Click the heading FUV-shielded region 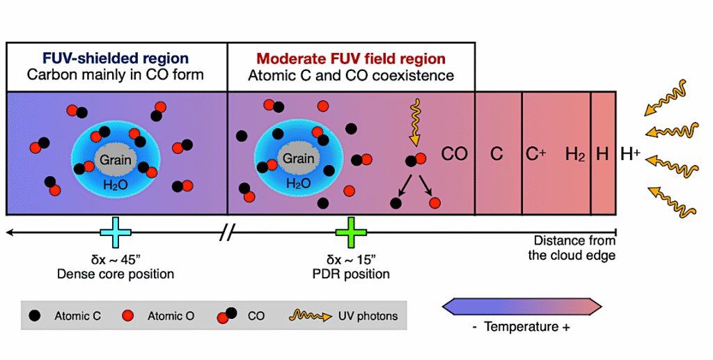(x=115, y=58)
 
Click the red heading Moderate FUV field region (x=351, y=58)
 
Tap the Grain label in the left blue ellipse (x=115, y=160)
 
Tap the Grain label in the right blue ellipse (x=298, y=159)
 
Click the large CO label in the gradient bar (x=455, y=154)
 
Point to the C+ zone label (x=535, y=154)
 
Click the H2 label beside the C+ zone (x=574, y=155)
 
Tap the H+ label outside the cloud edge (x=630, y=154)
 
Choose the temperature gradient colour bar (x=522, y=306)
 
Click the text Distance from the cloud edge (x=572, y=248)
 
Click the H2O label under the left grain (x=115, y=185)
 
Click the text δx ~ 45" (x=115, y=260)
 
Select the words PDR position (x=350, y=274)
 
